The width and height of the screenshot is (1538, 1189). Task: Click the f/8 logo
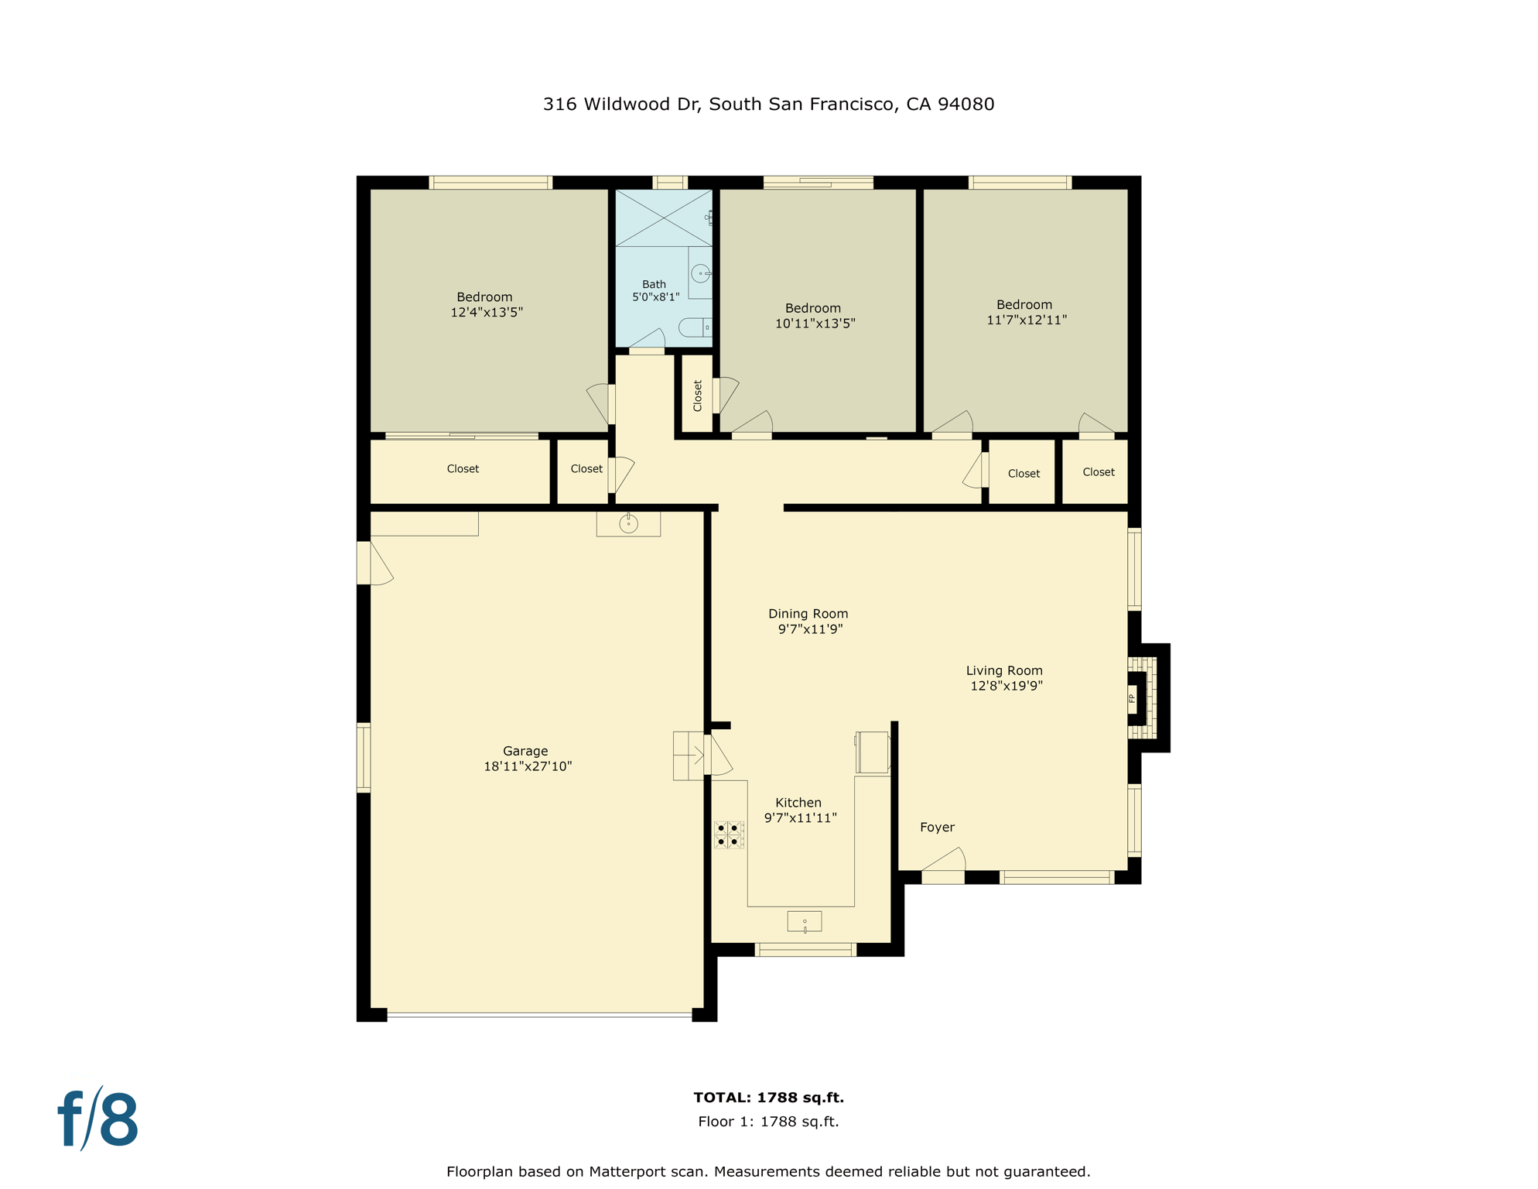[x=98, y=1119]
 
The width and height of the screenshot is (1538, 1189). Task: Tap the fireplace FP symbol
[x=1132, y=698]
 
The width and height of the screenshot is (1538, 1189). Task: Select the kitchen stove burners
[x=728, y=834]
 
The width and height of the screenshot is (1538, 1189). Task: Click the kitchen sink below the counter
[x=805, y=921]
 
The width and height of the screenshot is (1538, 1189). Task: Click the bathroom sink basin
[x=700, y=273]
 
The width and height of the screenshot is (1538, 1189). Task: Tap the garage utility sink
[x=628, y=524]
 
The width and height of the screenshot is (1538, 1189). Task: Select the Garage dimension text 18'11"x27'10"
[x=528, y=766]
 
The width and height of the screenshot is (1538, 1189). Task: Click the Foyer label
[x=937, y=828]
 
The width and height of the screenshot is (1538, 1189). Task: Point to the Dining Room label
[x=808, y=614]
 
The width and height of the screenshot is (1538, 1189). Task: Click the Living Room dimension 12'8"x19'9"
[x=1007, y=686]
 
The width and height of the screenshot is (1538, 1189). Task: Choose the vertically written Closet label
[x=697, y=396]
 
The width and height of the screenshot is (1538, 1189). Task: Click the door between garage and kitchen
[x=718, y=754]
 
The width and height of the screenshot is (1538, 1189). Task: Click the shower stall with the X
[x=663, y=218]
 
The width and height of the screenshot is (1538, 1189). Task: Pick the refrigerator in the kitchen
[x=873, y=752]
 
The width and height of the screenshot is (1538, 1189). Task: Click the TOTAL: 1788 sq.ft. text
[x=768, y=1098]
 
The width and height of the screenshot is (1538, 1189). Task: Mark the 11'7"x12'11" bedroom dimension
[x=1027, y=320]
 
